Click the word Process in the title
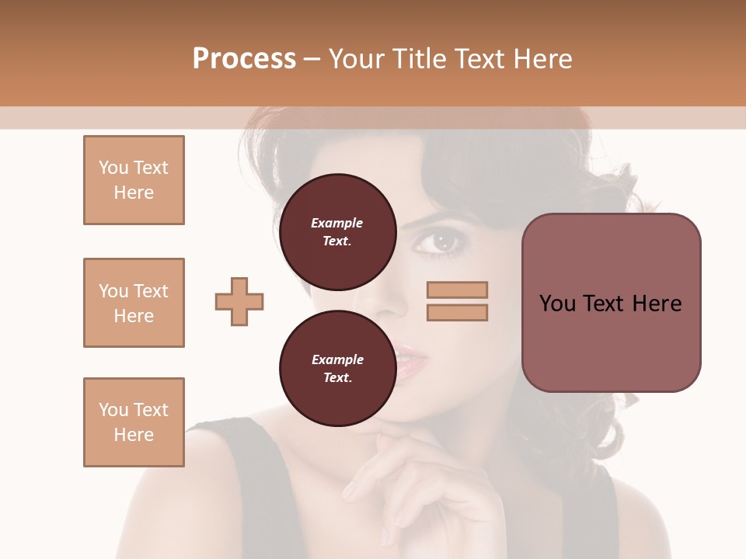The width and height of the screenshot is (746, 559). coord(244,59)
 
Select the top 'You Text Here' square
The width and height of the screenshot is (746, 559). coord(134,180)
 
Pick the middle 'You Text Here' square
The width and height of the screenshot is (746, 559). coord(134,303)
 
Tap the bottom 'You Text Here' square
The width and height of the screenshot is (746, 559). coord(134,422)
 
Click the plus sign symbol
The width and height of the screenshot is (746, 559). coord(239,301)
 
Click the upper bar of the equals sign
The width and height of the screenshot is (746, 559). coord(457,290)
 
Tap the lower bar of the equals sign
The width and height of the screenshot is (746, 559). coord(457,312)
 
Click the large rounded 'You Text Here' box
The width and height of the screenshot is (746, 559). coord(611,302)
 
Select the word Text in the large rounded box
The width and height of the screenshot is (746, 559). coord(603,304)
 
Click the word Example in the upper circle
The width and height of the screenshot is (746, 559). coord(336,223)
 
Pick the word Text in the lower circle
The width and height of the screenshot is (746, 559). coord(336,378)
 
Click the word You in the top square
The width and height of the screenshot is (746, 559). coord(113,168)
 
